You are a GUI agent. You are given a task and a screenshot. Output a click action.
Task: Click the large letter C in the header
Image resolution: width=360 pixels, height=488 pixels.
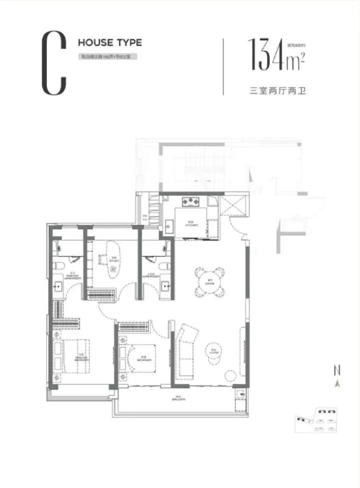tap(53, 63)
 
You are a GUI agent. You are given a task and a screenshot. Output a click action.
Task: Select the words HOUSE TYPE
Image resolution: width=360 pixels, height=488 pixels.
tap(109, 43)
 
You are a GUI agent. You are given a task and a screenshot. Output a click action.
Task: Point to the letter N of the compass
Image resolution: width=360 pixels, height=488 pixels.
tap(337, 371)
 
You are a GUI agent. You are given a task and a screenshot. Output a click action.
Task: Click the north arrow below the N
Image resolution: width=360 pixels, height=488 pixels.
tap(337, 383)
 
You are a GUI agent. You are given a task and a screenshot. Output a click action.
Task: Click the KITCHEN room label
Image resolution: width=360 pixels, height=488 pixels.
tap(191, 225)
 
